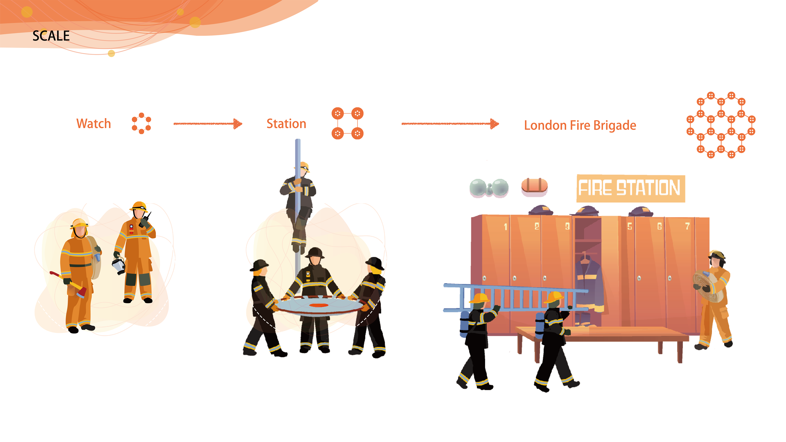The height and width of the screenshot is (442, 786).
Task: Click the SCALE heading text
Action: pyautogui.click(x=51, y=36)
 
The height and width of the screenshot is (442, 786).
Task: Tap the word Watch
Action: pyautogui.click(x=93, y=124)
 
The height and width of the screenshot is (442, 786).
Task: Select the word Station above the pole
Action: pyautogui.click(x=286, y=124)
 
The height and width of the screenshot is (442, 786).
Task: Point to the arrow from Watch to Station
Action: pyautogui.click(x=208, y=124)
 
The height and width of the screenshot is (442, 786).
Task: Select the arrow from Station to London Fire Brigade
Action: pyautogui.click(x=450, y=124)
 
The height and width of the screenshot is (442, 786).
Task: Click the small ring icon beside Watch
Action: pyautogui.click(x=141, y=123)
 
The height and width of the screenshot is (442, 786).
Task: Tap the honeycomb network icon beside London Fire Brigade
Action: pyautogui.click(x=721, y=125)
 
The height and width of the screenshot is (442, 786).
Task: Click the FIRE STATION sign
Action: pyautogui.click(x=630, y=188)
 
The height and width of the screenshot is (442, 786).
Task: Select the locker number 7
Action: pyautogui.click(x=687, y=226)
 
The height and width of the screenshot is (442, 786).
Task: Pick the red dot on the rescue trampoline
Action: pyautogui.click(x=318, y=305)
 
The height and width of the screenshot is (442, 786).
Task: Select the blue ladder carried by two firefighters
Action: pyautogui.click(x=516, y=297)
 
